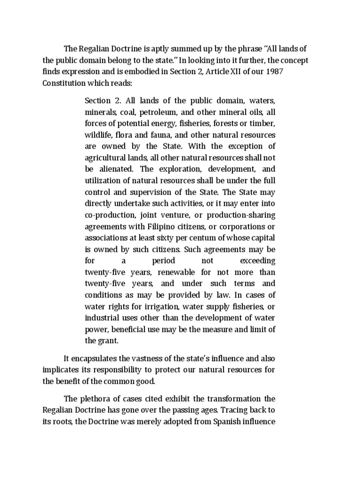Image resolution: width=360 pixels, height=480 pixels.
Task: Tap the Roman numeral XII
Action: coord(241,72)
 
